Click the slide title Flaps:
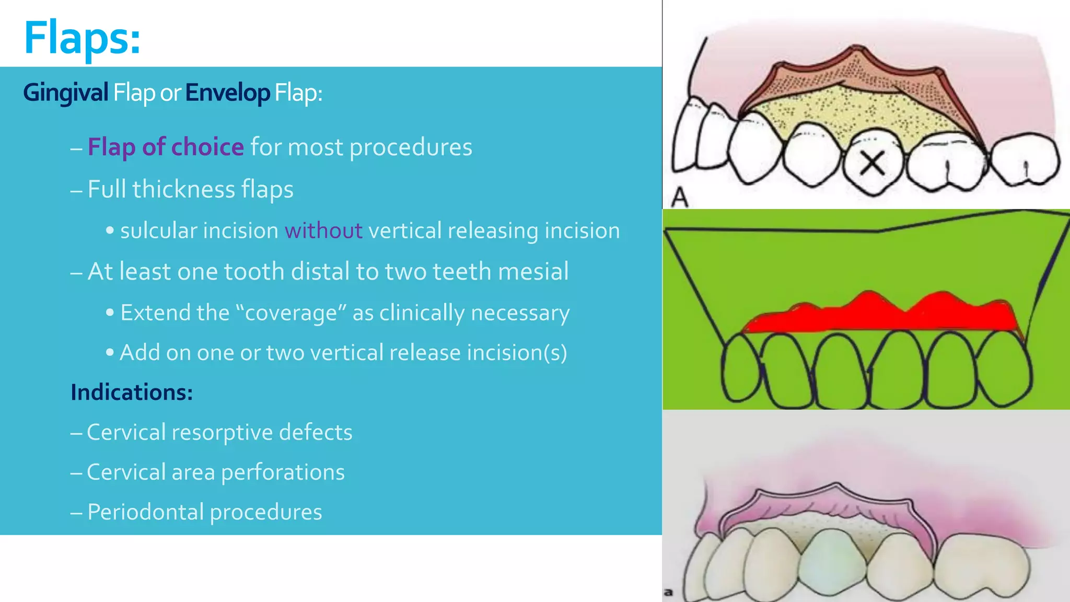(82, 38)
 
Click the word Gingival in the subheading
(65, 93)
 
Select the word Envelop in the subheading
(227, 93)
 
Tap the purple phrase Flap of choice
(165, 147)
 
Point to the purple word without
(323, 230)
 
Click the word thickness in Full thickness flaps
(183, 189)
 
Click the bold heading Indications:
(132, 392)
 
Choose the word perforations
(283, 472)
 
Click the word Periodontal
(145, 512)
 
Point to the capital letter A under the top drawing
(680, 198)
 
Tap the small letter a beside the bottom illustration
(668, 593)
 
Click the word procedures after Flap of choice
(411, 147)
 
